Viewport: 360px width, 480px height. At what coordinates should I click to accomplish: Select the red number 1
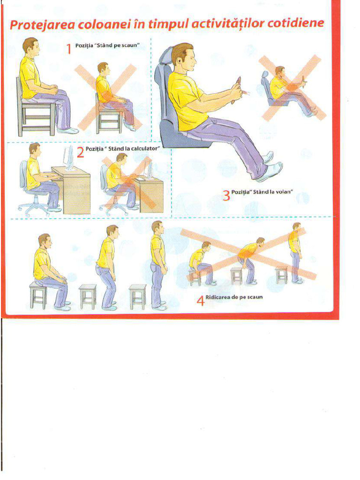[69, 49]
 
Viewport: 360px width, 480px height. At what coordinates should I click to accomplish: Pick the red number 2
[80, 152]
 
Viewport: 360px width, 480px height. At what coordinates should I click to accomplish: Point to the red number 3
[226, 195]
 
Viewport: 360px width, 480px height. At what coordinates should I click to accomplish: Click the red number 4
[200, 300]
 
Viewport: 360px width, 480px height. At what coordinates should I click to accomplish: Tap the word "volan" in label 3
[283, 192]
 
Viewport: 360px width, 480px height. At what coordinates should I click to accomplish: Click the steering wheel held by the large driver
[238, 90]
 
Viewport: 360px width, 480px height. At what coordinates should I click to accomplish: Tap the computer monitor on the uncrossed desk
[68, 157]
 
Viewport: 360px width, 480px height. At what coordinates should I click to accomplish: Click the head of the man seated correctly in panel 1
[31, 46]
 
